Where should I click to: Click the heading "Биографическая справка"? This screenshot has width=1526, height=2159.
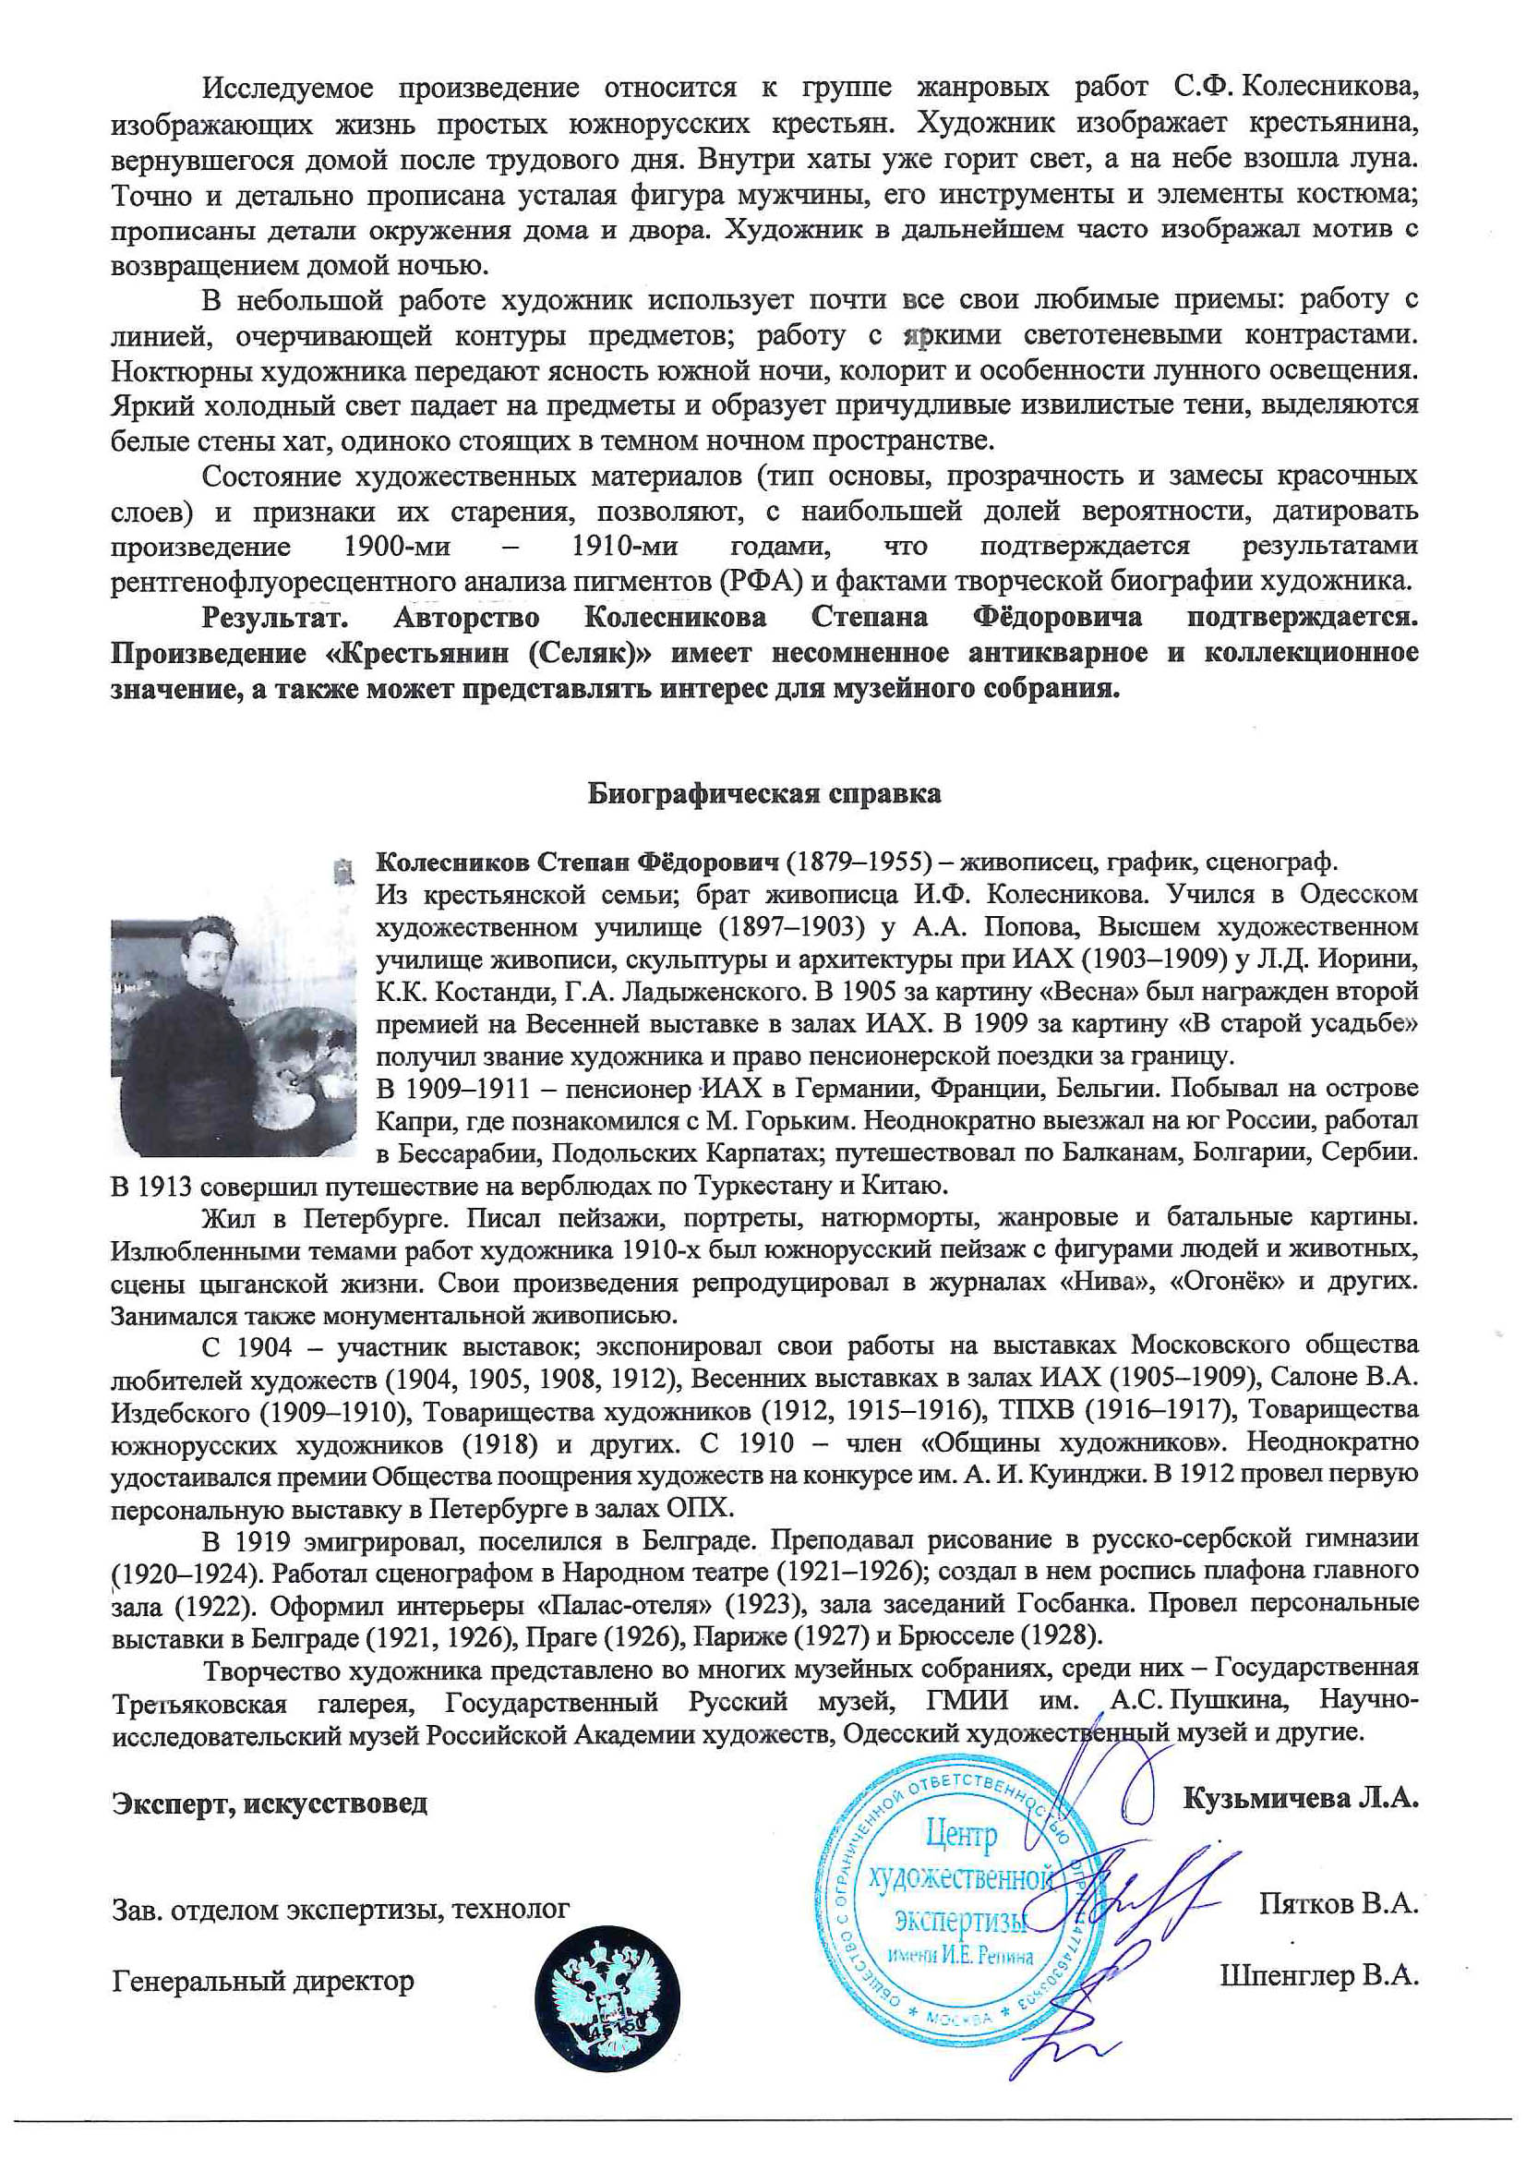coord(763,793)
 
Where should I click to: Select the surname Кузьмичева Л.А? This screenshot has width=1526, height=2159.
coord(1300,1798)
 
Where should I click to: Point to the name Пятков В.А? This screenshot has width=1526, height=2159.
coord(1338,1903)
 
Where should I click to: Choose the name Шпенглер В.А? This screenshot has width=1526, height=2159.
coord(1318,1975)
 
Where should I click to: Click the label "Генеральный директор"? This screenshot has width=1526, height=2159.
coord(262,1982)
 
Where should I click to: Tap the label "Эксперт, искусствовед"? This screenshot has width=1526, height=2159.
coord(269,1803)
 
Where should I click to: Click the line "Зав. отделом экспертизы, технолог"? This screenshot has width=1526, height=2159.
coord(341,1909)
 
